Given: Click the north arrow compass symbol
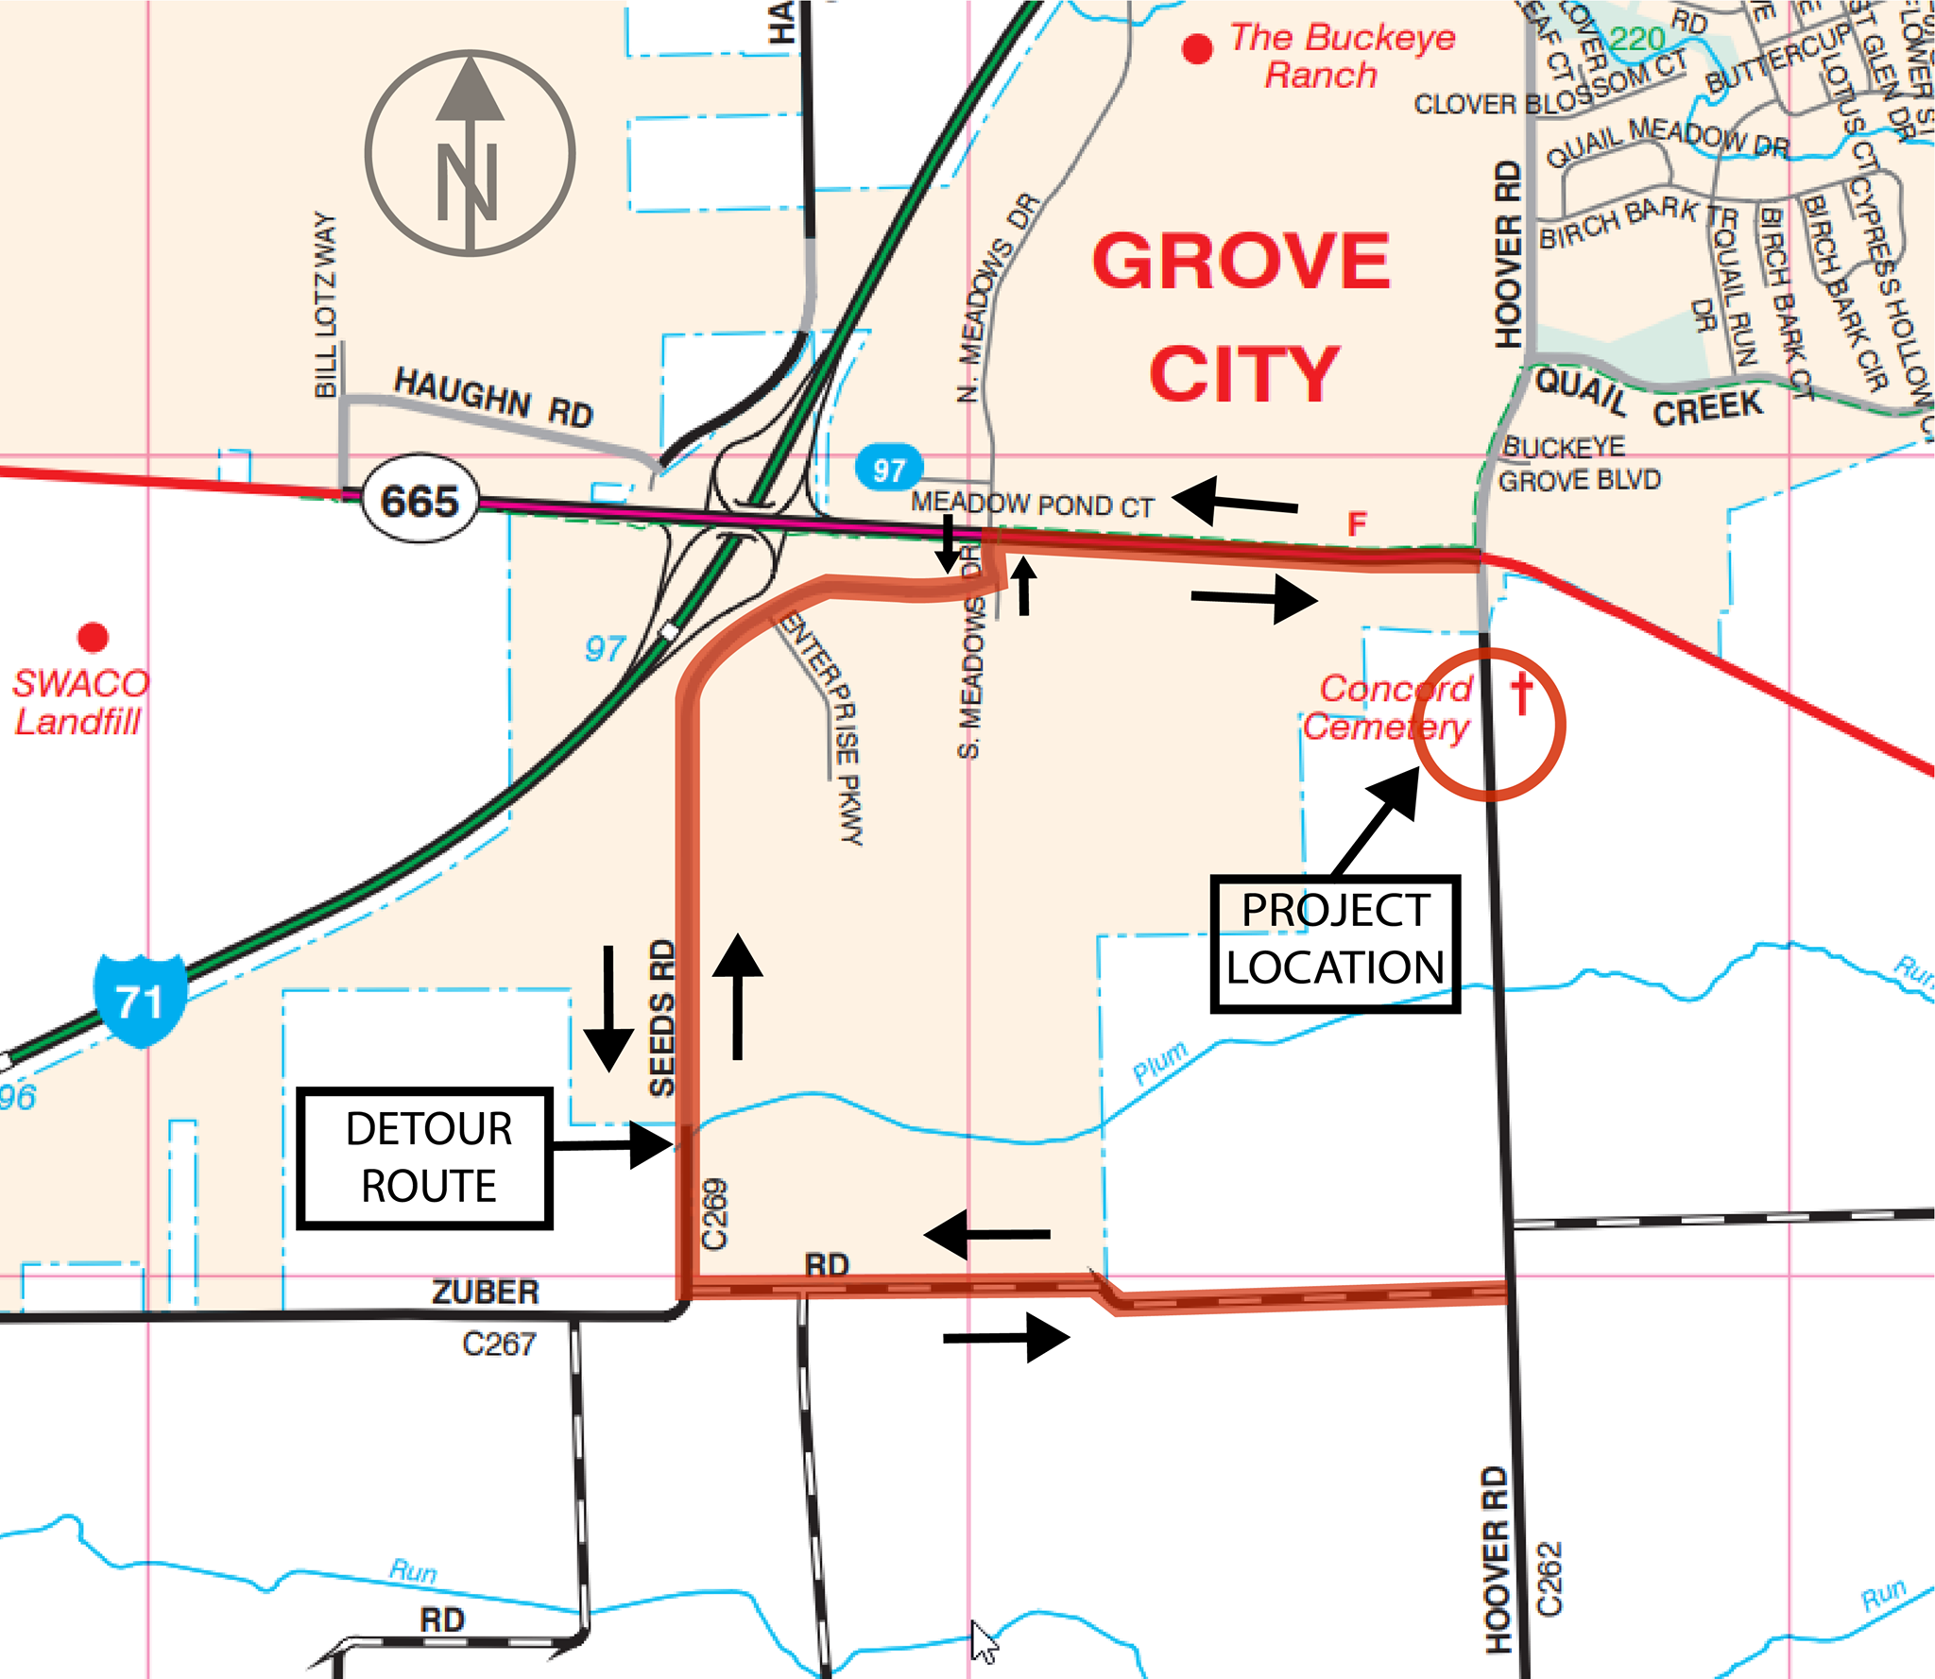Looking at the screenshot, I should (x=470, y=153).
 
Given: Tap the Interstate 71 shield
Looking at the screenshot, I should (x=140, y=1000).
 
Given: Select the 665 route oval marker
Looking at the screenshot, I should (x=420, y=501).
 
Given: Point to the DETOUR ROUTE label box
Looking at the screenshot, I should (x=425, y=1157).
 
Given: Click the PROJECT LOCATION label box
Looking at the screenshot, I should (x=1335, y=942).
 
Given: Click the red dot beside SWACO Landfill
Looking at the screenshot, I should (x=93, y=637).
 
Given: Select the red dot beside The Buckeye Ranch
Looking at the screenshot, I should (x=1197, y=48).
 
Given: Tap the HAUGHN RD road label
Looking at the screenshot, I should (x=493, y=397).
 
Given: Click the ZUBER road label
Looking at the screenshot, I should (x=485, y=1292).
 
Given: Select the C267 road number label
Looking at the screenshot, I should (x=499, y=1343).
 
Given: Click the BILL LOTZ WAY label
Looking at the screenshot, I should (x=326, y=304).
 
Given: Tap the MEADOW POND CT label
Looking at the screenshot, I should (x=1032, y=505).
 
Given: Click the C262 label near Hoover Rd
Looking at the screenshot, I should (x=1550, y=1579).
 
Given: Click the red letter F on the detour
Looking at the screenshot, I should (x=1357, y=524).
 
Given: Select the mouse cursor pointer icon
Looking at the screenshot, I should (x=983, y=1641).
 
